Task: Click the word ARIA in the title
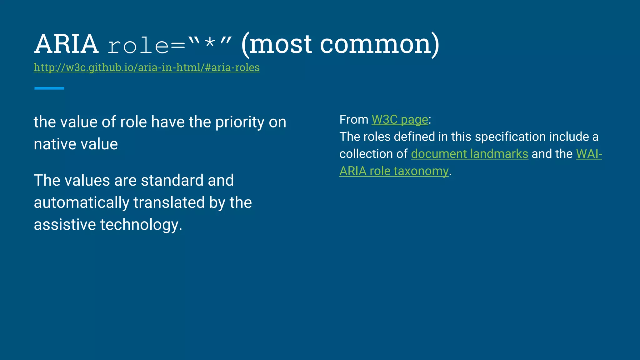[x=66, y=44]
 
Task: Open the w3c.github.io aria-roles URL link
[x=147, y=67]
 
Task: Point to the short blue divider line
[x=49, y=88]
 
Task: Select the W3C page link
[x=400, y=120]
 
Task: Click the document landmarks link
[x=469, y=154]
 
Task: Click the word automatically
[x=81, y=203]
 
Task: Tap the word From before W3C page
[x=354, y=120]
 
